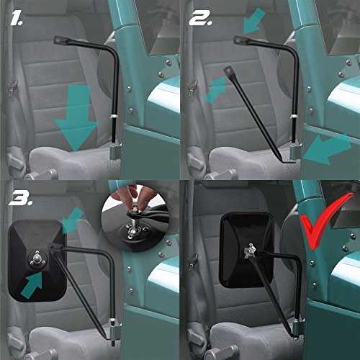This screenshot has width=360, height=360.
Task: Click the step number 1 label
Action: coord(17,19)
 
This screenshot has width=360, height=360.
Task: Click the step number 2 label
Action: coord(201,18)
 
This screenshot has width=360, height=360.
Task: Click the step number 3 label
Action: coord(21,198)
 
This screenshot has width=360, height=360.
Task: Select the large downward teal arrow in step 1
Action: coord(76,120)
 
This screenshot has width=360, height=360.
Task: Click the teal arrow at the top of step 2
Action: coord(254,20)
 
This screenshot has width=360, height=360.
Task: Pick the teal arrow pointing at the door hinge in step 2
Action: coord(326,149)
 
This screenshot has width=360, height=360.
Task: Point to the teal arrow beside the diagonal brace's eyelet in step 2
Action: coord(215,90)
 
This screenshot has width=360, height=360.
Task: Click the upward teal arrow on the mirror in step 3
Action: coord(33,285)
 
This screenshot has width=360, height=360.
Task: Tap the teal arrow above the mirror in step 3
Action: coord(73,221)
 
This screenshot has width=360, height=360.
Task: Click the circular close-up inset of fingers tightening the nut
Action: coord(136,218)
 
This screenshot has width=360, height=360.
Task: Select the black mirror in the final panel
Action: coord(246,250)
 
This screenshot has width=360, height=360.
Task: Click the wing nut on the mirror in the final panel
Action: coord(250,251)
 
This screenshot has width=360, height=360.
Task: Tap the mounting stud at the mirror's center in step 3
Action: coord(37,258)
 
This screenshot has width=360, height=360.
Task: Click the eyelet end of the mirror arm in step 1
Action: coord(59,40)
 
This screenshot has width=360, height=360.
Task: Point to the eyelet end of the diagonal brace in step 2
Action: coord(228,71)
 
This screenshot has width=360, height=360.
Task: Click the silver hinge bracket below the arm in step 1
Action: coord(116,152)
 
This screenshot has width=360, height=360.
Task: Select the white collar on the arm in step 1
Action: coord(114,117)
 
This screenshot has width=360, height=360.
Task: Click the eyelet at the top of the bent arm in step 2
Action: coord(240,40)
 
